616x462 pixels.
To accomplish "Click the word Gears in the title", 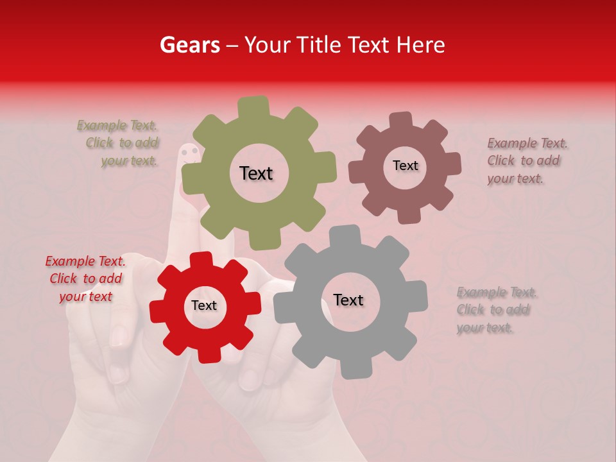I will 189,45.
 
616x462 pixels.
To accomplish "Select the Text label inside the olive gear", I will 256,173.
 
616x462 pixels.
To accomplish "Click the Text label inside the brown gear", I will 405,166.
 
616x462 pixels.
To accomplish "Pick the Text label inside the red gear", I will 204,305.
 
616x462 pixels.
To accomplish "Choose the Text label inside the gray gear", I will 348,300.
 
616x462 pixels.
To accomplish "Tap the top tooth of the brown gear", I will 400,121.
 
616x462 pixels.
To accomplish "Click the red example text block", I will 85,278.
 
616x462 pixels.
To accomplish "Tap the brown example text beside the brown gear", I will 526,161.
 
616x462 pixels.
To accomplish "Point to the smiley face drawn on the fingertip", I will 189,152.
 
